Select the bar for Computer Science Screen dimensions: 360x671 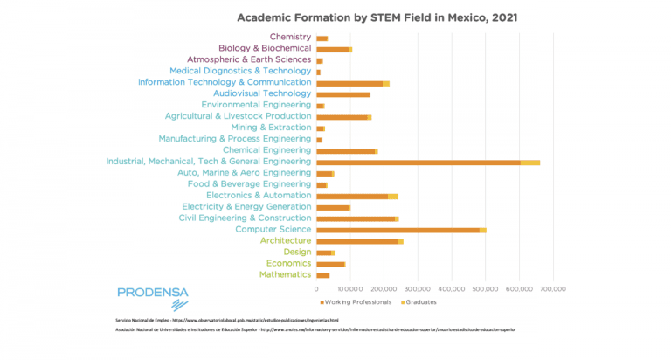pos(400,230)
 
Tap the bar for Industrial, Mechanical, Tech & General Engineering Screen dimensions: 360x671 pos(427,162)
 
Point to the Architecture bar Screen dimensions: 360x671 pos(358,241)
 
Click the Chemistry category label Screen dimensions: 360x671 pos(290,37)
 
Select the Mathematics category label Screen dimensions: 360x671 pos(285,275)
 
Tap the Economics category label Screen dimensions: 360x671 pos(288,263)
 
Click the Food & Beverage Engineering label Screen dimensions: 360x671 pos(249,184)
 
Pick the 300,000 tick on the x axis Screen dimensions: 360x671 pos(418,288)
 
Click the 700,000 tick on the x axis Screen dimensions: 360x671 pos(553,288)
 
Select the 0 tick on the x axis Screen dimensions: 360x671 pos(316,288)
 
